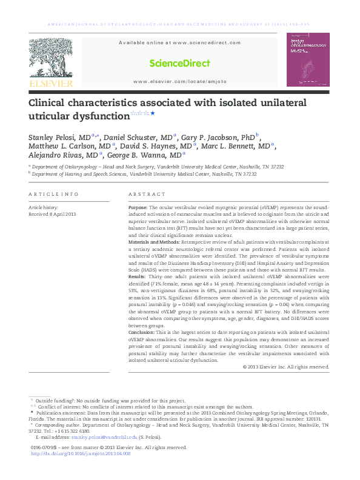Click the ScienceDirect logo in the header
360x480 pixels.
(x=180, y=63)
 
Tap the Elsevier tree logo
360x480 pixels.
(x=50, y=58)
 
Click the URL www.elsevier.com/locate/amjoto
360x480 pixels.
(x=180, y=81)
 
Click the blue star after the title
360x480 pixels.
(x=153, y=113)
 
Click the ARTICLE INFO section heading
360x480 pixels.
(x=53, y=194)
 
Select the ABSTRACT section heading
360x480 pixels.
(x=147, y=194)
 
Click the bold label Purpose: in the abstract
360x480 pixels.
(x=138, y=207)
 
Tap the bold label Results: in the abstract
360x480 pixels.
(x=138, y=276)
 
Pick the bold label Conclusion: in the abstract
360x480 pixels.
(x=142, y=333)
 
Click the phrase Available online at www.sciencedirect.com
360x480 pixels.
(x=179, y=43)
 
